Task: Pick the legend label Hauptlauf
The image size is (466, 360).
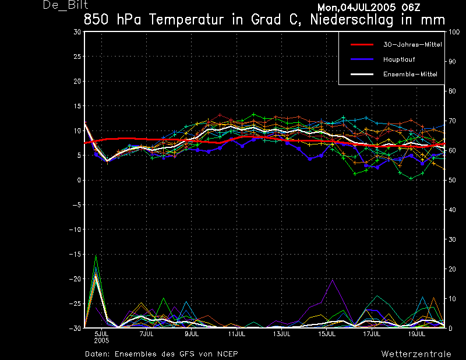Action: pos(399,59)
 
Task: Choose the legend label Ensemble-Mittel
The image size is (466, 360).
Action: pos(409,74)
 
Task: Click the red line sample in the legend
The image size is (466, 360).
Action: pos(361,44)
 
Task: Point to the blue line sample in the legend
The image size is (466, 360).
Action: pos(361,59)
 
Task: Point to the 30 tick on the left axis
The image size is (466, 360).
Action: pos(77,32)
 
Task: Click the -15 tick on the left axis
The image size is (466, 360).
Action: pos(75,254)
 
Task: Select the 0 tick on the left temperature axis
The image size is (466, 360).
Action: pos(79,180)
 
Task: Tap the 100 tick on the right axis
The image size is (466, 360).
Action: pos(452,32)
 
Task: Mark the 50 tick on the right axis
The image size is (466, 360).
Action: pos(451,180)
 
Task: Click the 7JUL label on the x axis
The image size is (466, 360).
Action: pos(146,334)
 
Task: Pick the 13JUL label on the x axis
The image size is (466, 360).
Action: pos(281,334)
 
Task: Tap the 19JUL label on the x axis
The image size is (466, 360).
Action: pos(416,334)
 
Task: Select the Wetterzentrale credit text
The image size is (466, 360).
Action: pos(416,354)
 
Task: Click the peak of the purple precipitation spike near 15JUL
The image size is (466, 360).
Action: pos(332,279)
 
